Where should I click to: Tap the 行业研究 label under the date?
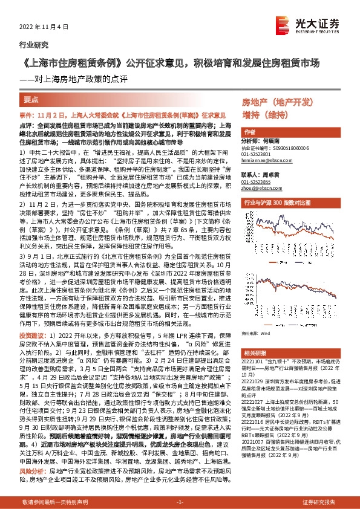(x=34, y=45)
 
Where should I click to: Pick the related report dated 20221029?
(x=290, y=387)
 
